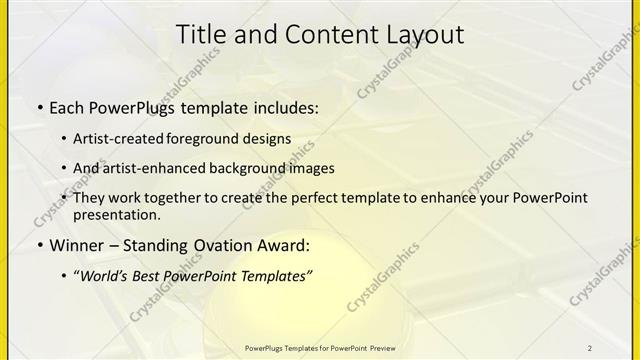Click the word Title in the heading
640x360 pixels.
[200, 34]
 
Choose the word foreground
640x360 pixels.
[214, 139]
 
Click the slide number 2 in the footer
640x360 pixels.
[590, 347]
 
